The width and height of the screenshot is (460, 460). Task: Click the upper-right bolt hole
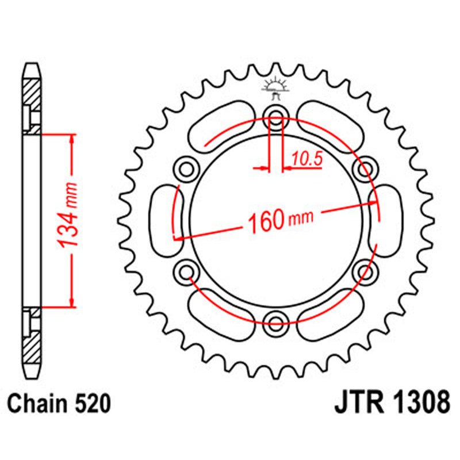pos(365,168)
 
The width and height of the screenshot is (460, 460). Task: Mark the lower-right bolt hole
pos(365,269)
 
